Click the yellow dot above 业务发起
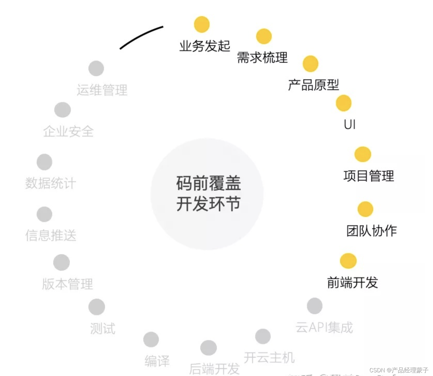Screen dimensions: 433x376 click(202, 24)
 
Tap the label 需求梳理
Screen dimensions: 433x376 click(262, 58)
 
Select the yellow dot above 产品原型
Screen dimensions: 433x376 click(310, 63)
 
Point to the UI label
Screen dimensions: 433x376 click(350, 125)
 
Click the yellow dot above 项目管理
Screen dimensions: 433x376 click(363, 154)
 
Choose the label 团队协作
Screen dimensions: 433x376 click(372, 231)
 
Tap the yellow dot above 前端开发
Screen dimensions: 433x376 click(348, 261)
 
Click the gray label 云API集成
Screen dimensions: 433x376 click(324, 327)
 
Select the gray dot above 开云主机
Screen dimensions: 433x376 click(263, 336)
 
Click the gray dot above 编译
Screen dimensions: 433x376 click(151, 340)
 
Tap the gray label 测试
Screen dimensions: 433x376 click(103, 329)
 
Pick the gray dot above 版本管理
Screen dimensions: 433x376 click(61, 262)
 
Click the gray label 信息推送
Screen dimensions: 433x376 click(51, 235)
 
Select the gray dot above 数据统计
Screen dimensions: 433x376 click(44, 162)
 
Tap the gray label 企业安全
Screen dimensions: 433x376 click(68, 132)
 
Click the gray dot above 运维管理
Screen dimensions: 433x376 click(96, 68)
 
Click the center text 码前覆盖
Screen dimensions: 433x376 click(208, 183)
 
